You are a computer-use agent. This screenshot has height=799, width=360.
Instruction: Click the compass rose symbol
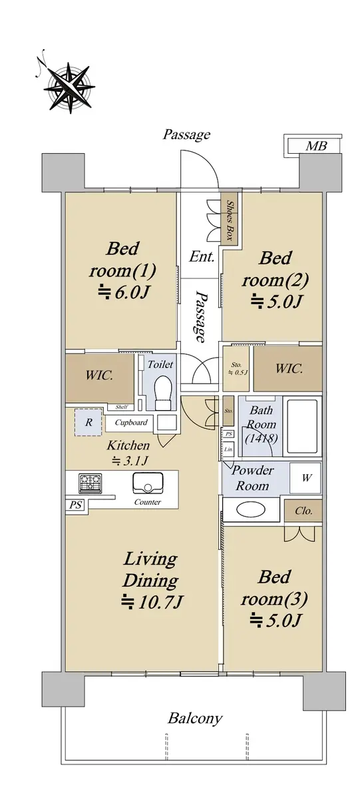tap(69, 88)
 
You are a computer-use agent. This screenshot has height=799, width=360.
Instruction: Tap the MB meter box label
tap(316, 146)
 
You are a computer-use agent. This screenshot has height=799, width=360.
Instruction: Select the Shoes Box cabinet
tap(230, 220)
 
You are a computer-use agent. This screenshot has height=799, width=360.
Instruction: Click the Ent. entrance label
tap(202, 256)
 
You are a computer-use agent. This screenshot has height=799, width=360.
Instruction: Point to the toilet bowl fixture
tap(163, 392)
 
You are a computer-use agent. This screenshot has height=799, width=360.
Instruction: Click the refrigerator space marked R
tap(89, 422)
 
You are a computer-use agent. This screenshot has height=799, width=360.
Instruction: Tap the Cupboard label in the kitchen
tap(131, 422)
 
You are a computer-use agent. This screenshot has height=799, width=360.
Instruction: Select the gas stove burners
tap(90, 483)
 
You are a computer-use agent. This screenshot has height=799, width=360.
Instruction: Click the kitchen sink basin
tap(148, 483)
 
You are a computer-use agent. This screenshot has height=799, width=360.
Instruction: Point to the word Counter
tap(148, 502)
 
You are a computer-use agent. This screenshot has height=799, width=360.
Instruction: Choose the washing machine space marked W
tap(305, 478)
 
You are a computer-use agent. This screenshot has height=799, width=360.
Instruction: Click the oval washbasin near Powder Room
tap(252, 510)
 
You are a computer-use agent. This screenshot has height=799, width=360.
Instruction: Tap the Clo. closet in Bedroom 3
tap(303, 511)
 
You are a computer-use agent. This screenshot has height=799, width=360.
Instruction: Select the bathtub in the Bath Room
tap(302, 426)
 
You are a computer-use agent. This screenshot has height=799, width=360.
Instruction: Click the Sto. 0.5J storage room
tap(236, 368)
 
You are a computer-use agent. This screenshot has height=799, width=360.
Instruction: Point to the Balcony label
tap(195, 718)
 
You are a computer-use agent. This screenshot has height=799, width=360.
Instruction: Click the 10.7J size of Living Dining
tap(152, 603)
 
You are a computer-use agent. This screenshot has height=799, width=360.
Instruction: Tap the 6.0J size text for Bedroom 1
tap(122, 293)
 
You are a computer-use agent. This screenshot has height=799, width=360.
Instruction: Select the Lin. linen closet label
tap(228, 449)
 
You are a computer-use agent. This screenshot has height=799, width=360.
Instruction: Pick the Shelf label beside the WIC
tap(122, 407)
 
